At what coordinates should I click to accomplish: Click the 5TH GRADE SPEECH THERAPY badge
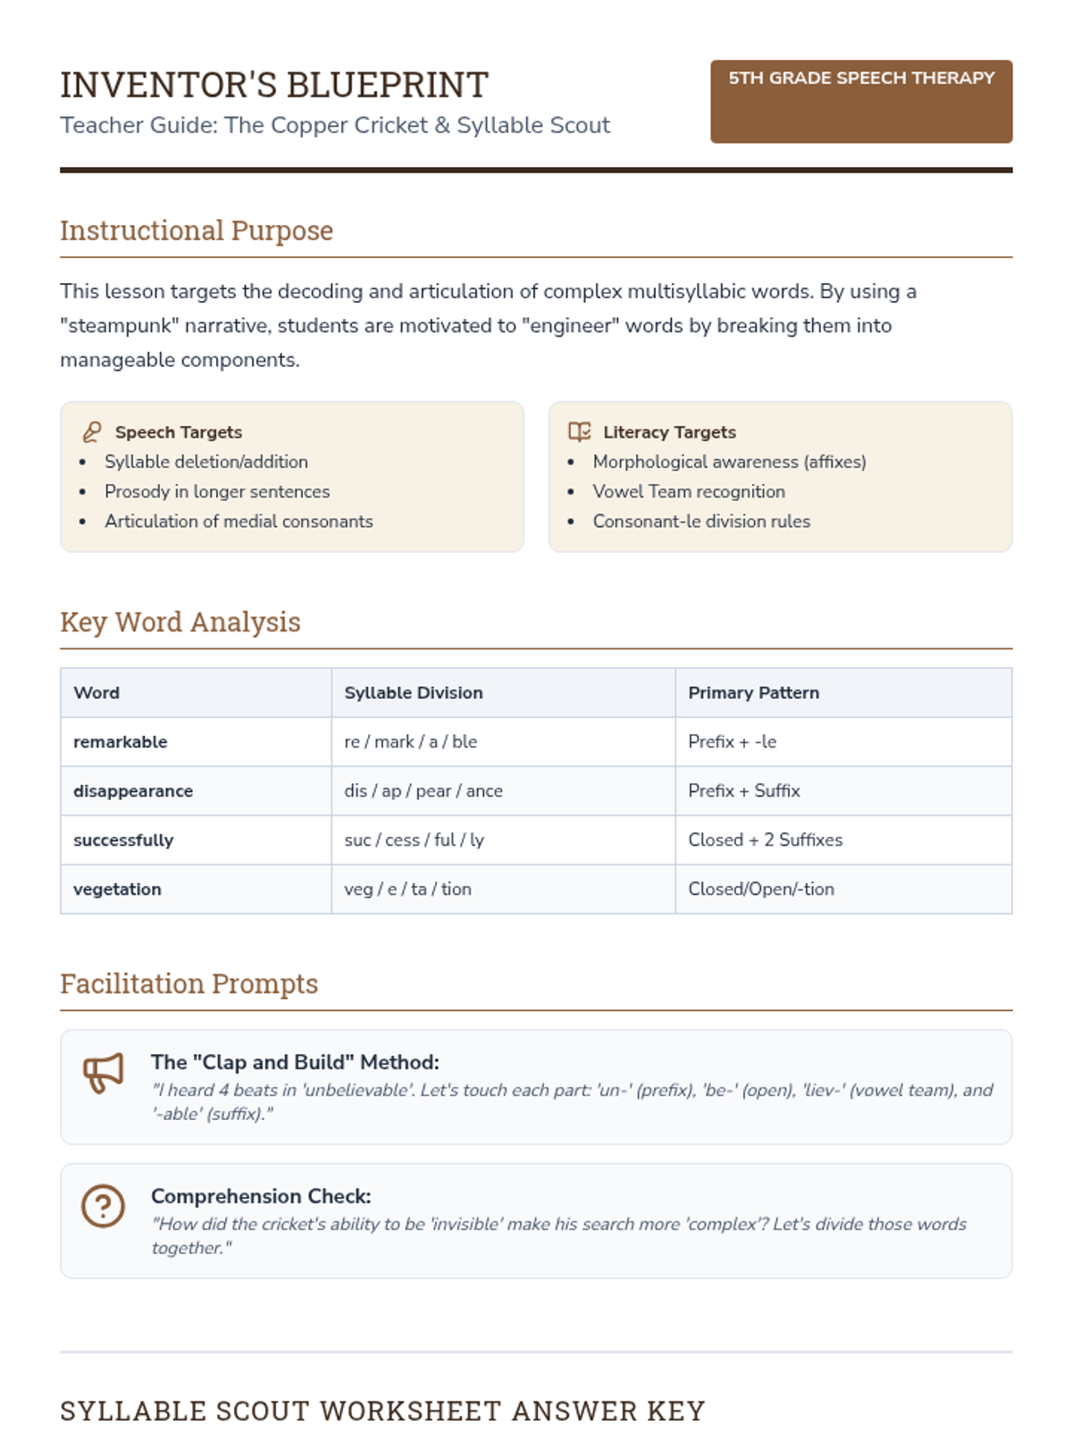[x=860, y=100]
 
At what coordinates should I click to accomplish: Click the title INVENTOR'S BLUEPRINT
[x=274, y=86]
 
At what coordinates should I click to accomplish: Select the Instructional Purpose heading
[x=197, y=230]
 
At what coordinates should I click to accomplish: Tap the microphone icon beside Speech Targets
[x=92, y=432]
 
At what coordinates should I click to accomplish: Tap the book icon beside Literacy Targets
[x=580, y=432]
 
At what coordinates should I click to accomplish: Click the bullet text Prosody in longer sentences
[x=217, y=491]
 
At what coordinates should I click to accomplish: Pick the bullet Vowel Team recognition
[x=689, y=491]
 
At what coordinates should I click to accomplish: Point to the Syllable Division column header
[x=414, y=693]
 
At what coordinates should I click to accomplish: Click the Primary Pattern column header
[x=753, y=693]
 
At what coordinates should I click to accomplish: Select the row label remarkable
[x=121, y=742]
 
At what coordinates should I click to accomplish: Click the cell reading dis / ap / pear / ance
[x=423, y=791]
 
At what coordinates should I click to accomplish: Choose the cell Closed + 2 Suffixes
[x=765, y=840]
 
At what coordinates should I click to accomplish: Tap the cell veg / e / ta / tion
[x=407, y=890]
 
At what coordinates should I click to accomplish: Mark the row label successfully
[x=123, y=840]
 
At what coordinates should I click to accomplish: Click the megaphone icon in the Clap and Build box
[x=104, y=1073]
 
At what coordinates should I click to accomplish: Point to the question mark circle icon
[x=104, y=1207]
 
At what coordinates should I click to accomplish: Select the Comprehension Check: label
[x=261, y=1197]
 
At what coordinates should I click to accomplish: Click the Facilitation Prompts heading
[x=189, y=983]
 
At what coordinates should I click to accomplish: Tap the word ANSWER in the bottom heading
[x=574, y=1411]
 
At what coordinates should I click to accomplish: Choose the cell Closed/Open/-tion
[x=761, y=890]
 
